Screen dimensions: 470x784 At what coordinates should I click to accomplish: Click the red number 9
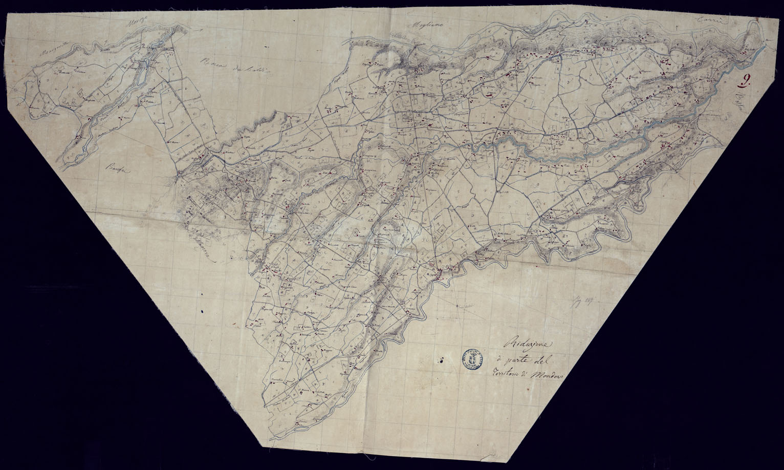click(x=744, y=79)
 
